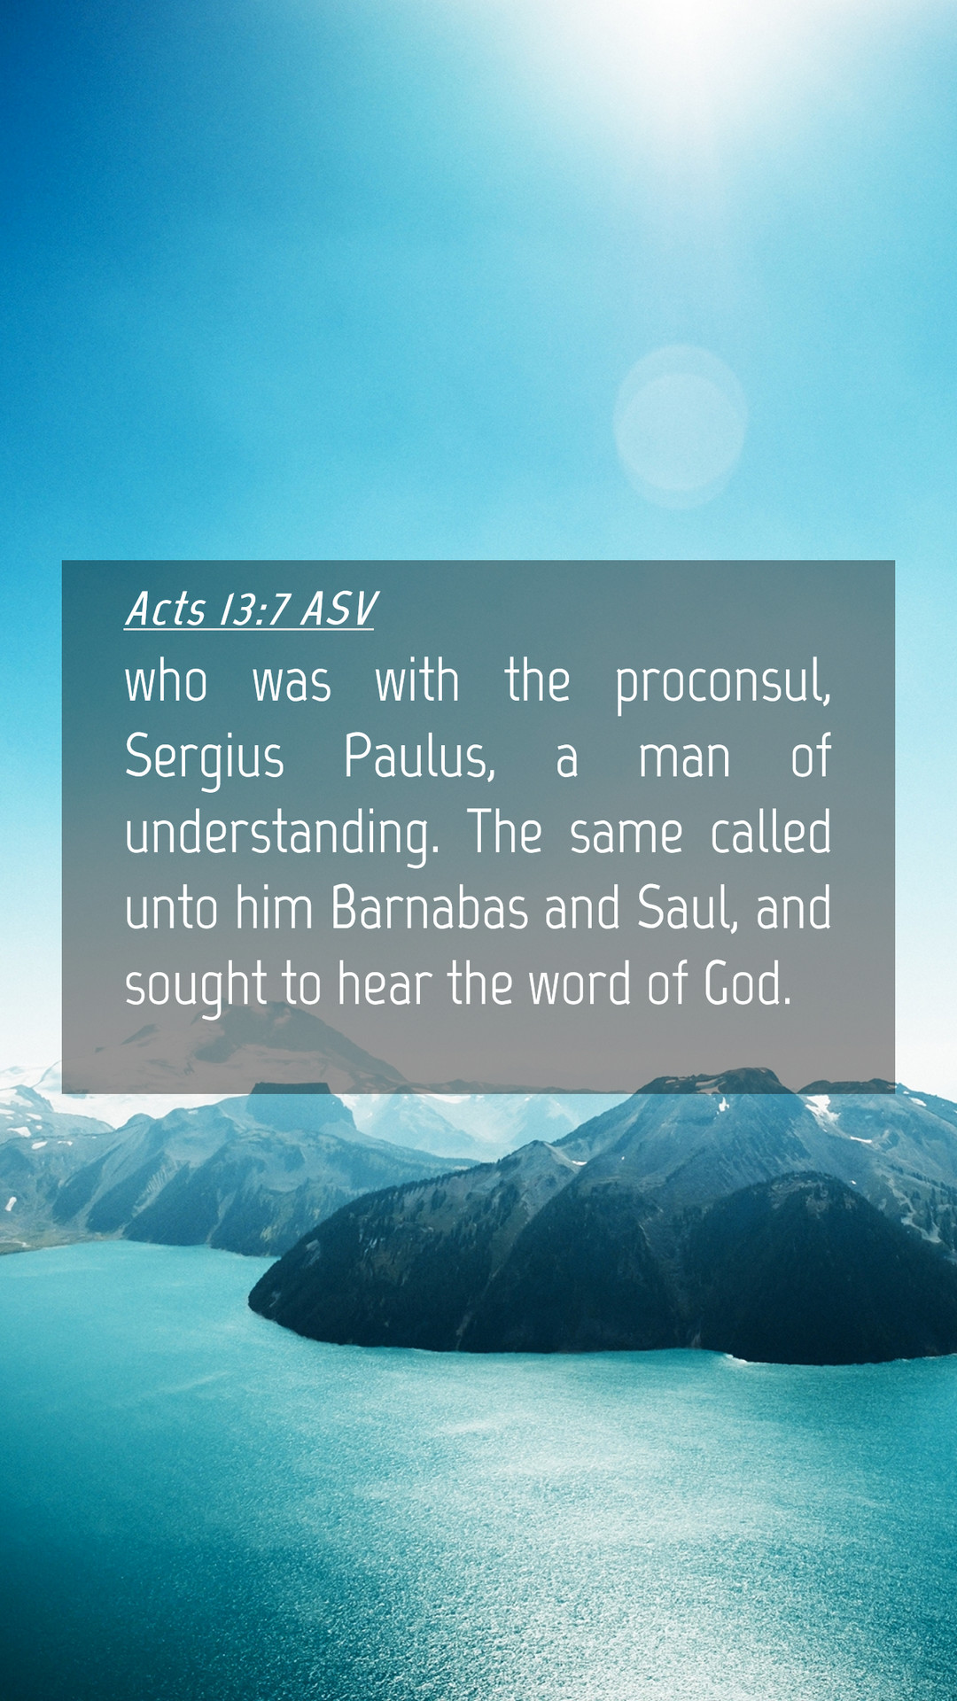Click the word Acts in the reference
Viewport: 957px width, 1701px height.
tap(166, 609)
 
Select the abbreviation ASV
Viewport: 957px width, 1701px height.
tap(339, 609)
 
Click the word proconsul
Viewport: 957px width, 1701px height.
tap(723, 683)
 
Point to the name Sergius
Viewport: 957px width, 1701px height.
tap(205, 759)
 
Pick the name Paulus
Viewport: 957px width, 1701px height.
tap(419, 757)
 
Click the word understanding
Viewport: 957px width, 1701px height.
tap(282, 835)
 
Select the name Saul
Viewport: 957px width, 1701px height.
tap(687, 909)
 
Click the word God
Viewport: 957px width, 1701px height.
tap(747, 984)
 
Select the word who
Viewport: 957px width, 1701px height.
tap(167, 682)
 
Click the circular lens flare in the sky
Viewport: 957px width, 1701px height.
tap(680, 426)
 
